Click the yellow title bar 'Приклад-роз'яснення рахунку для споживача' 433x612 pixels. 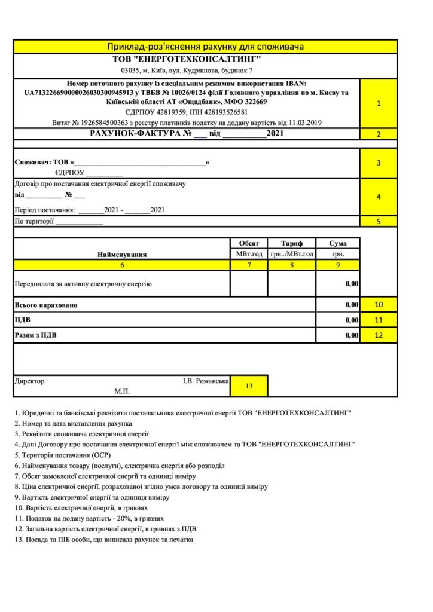coord(205,47)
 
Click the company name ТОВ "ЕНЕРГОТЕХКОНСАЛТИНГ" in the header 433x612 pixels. coord(187,59)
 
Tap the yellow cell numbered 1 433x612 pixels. coord(379,103)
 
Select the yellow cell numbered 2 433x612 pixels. coord(379,134)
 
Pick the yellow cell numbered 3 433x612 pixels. coord(379,163)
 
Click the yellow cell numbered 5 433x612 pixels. coord(379,221)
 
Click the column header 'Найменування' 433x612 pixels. coord(122,254)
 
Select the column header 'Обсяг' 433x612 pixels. coord(249,243)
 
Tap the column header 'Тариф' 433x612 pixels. coord(292,243)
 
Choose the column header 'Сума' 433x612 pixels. coord(338,243)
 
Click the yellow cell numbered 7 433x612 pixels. coord(249,265)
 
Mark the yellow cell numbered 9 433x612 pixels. coord(338,265)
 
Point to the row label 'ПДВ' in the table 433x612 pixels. coord(22,320)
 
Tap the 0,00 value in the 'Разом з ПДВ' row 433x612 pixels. coord(352,335)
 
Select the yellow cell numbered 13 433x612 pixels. coord(249,386)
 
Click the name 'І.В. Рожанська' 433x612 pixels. coord(206,381)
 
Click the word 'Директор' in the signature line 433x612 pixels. coord(29,381)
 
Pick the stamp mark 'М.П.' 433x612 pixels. coord(122,391)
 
